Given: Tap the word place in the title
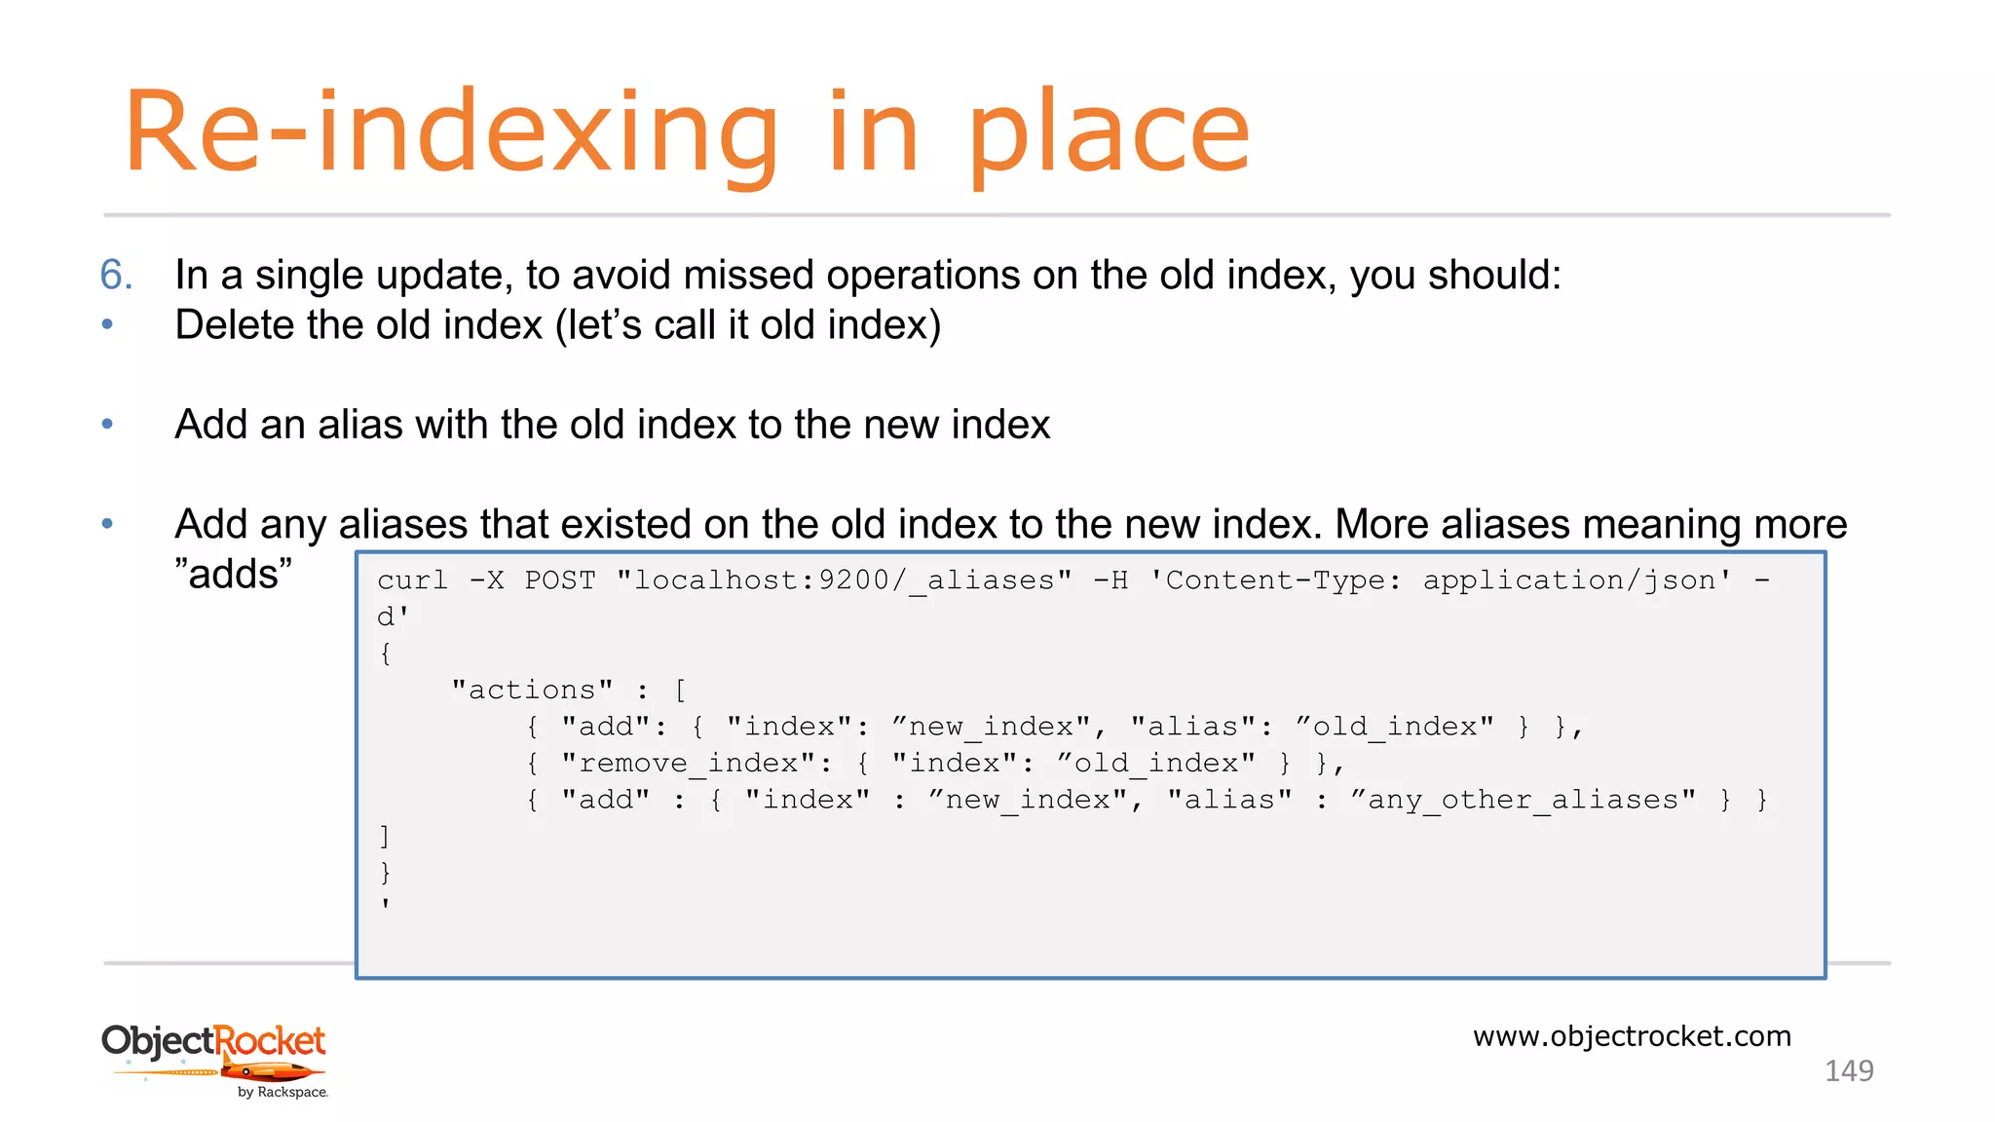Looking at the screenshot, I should pyautogui.click(x=1109, y=134).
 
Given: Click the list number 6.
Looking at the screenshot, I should pyautogui.click(x=116, y=275).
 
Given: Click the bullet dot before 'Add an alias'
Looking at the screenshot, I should pyautogui.click(x=107, y=424).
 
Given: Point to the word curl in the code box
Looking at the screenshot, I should pyautogui.click(x=412, y=580).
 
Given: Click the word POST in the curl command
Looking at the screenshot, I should pyautogui.click(x=560, y=580).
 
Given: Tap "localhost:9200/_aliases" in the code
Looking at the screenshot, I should pyautogui.click(x=844, y=580).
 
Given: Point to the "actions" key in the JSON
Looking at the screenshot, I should pyautogui.click(x=532, y=691).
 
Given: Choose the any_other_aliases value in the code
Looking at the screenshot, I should pyautogui.click(x=1523, y=801).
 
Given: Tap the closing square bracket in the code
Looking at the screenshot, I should pyautogui.click(x=385, y=837).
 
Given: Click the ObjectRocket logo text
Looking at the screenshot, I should pyautogui.click(x=213, y=1041).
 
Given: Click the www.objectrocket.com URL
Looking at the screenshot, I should pyautogui.click(x=1632, y=1036).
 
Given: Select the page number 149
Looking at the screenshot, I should pyautogui.click(x=1848, y=1071).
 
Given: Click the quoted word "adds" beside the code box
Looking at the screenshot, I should pyautogui.click(x=233, y=575).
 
